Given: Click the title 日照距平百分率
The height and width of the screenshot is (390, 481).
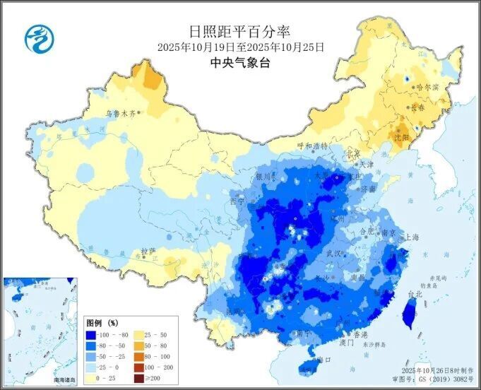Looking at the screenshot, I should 240,31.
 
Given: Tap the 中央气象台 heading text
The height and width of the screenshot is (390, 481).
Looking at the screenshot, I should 240,62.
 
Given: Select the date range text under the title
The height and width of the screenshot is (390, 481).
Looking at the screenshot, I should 240,47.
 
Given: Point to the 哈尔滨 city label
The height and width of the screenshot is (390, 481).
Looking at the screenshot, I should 427,88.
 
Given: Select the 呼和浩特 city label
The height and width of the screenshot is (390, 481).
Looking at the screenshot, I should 312,146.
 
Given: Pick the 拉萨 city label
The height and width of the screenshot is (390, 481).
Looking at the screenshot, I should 148,251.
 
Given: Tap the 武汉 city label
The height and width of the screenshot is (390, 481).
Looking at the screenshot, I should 334,253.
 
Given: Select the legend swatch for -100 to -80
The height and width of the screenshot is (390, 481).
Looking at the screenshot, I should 90,335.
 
